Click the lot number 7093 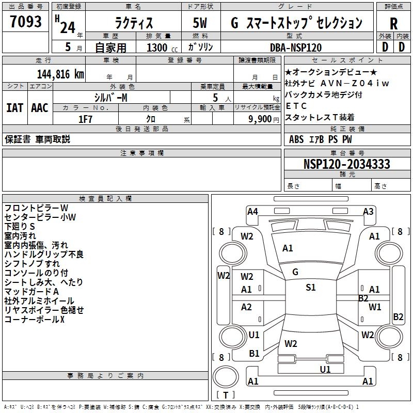[x=25, y=23]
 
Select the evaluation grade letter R [x=393, y=23]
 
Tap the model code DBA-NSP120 [x=296, y=47]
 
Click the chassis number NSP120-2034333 [x=346, y=164]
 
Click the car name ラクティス [x=133, y=23]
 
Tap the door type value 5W [x=200, y=23]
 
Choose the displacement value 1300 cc [x=161, y=48]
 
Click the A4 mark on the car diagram [x=252, y=211]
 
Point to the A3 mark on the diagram [x=368, y=211]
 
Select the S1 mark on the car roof [x=310, y=288]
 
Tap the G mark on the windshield [x=295, y=272]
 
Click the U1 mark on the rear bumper [x=325, y=369]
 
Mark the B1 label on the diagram [x=254, y=354]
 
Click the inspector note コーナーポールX [x=35, y=320]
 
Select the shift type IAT [x=15, y=108]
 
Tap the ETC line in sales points [x=296, y=106]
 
